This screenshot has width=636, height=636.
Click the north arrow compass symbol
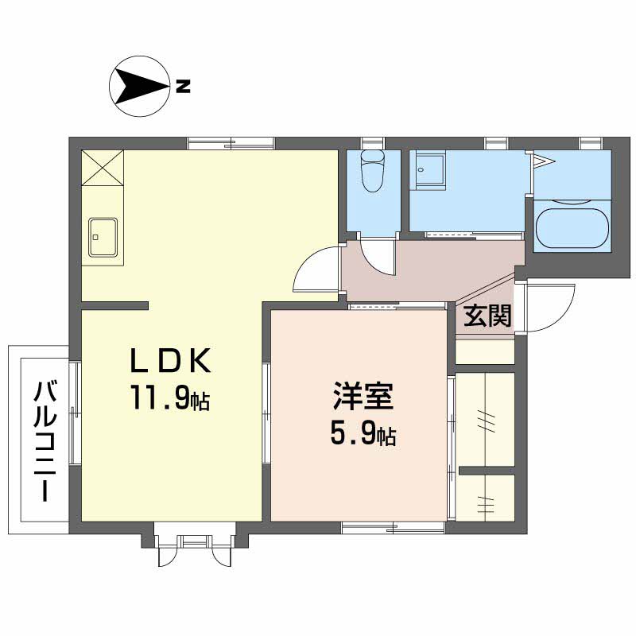(140, 86)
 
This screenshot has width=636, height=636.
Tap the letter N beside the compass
(183, 86)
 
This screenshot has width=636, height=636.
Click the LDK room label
(170, 363)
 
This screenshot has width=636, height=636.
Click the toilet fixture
(372, 172)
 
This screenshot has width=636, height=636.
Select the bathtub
(572, 227)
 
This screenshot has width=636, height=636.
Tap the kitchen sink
(104, 237)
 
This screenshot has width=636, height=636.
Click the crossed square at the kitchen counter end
(103, 168)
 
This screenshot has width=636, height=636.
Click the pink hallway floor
(429, 270)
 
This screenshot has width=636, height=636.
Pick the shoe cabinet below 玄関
(485, 351)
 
